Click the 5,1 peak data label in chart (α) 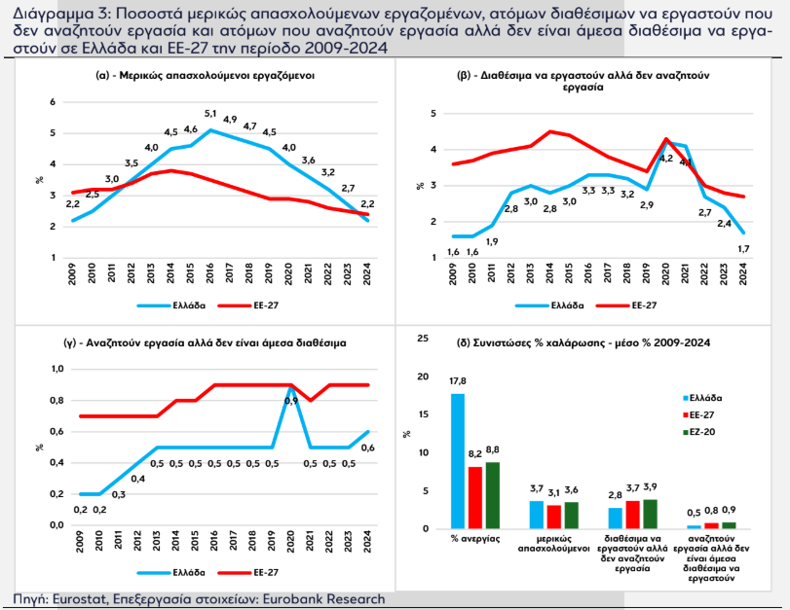(x=210, y=115)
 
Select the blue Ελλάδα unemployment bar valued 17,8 (x=458, y=461)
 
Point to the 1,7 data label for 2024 (x=743, y=250)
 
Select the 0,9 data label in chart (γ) (x=290, y=401)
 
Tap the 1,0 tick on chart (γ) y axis (x=56, y=369)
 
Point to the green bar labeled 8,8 (x=492, y=495)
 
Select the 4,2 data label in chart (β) (x=666, y=158)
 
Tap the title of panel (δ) (x=583, y=342)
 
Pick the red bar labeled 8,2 (x=475, y=498)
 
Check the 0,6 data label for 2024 (x=369, y=448)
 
